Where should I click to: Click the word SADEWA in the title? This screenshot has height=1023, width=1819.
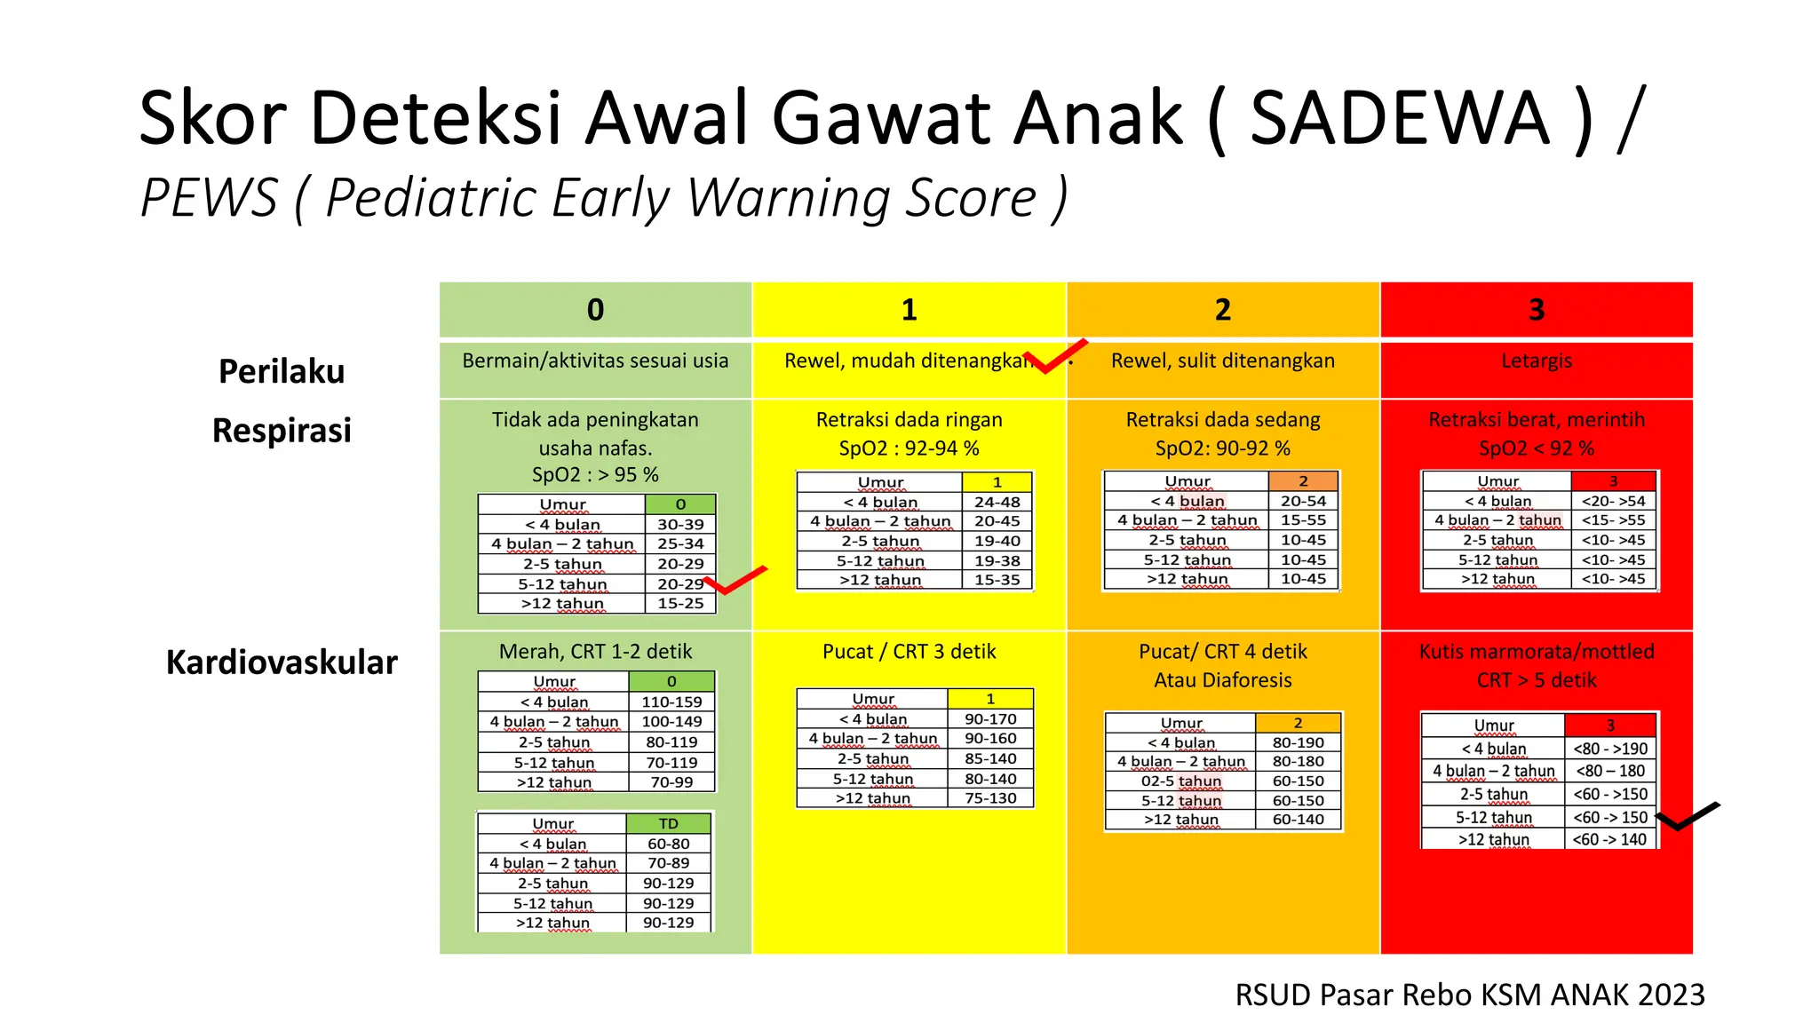click(1399, 118)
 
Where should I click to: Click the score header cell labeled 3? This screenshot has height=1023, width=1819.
click(1536, 310)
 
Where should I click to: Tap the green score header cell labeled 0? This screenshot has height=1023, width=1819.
click(595, 310)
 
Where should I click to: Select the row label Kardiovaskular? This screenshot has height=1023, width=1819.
click(282, 662)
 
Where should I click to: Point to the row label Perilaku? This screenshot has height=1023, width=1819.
click(282, 371)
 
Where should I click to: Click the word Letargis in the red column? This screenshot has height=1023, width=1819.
click(1536, 361)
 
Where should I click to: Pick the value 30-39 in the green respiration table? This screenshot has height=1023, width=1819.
click(680, 525)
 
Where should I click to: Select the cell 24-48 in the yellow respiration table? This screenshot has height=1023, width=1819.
click(997, 502)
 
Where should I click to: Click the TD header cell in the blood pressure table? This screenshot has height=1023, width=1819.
click(668, 824)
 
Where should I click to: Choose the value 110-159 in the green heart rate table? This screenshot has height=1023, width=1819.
click(671, 702)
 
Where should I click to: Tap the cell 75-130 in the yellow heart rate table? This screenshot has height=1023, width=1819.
click(990, 798)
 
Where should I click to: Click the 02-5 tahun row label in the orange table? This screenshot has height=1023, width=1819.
click(1181, 781)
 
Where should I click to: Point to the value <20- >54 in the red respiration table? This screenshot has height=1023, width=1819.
click(1613, 501)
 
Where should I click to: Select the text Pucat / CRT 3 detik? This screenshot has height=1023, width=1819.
click(909, 652)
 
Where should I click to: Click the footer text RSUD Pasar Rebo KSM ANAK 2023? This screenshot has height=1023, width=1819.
click(1469, 995)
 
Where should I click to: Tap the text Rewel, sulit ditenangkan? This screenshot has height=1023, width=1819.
click(1222, 361)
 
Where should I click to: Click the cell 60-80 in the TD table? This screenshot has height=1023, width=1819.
click(668, 844)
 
